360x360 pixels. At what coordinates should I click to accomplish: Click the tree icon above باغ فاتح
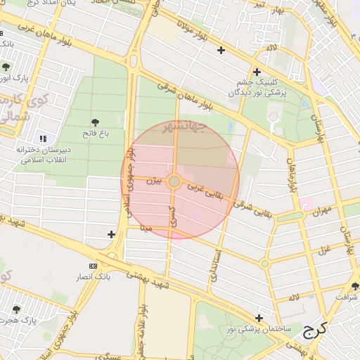click(95, 122)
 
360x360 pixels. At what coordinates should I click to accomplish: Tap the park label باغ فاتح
click(94, 134)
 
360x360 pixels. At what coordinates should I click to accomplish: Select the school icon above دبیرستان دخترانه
click(43, 139)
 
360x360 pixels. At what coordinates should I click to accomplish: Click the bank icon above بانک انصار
click(94, 266)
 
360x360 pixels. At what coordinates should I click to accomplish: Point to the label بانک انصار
click(94, 277)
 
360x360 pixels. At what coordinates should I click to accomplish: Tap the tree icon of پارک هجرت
click(16, 309)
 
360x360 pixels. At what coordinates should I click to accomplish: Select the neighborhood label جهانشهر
click(184, 127)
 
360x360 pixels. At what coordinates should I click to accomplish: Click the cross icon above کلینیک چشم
click(257, 72)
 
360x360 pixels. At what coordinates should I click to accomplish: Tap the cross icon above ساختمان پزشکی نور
click(259, 318)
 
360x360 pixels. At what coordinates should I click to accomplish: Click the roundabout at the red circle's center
click(174, 181)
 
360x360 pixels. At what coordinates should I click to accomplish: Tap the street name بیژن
click(153, 181)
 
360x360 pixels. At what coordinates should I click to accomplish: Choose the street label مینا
click(147, 228)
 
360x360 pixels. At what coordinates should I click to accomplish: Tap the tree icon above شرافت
click(355, 286)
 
